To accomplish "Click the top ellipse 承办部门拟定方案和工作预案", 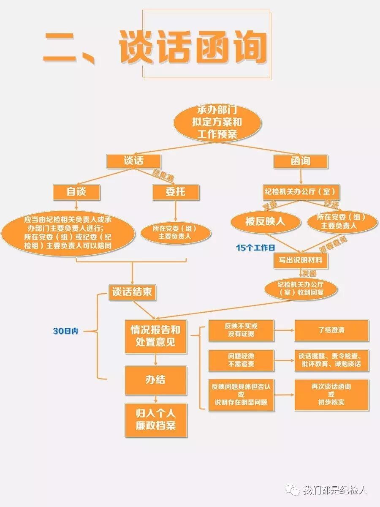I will coord(217,122).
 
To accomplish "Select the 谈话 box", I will coord(133,161).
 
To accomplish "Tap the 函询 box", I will coord(300,161).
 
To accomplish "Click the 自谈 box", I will coord(76,192).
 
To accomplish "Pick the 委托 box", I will coord(175,192).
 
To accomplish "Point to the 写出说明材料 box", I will coord(300,260).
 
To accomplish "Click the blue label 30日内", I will coord(65,331).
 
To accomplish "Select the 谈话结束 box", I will coord(132,292).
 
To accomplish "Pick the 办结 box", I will coord(155,380).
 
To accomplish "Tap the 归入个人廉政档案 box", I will coord(155,420).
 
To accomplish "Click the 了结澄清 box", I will coord(331,330).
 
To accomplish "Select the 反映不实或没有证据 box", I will coord(241,330).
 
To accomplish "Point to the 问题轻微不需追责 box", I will coord(241,360).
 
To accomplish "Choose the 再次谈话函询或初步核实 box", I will coord(331,394).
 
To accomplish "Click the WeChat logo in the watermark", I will coord(293,490).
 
